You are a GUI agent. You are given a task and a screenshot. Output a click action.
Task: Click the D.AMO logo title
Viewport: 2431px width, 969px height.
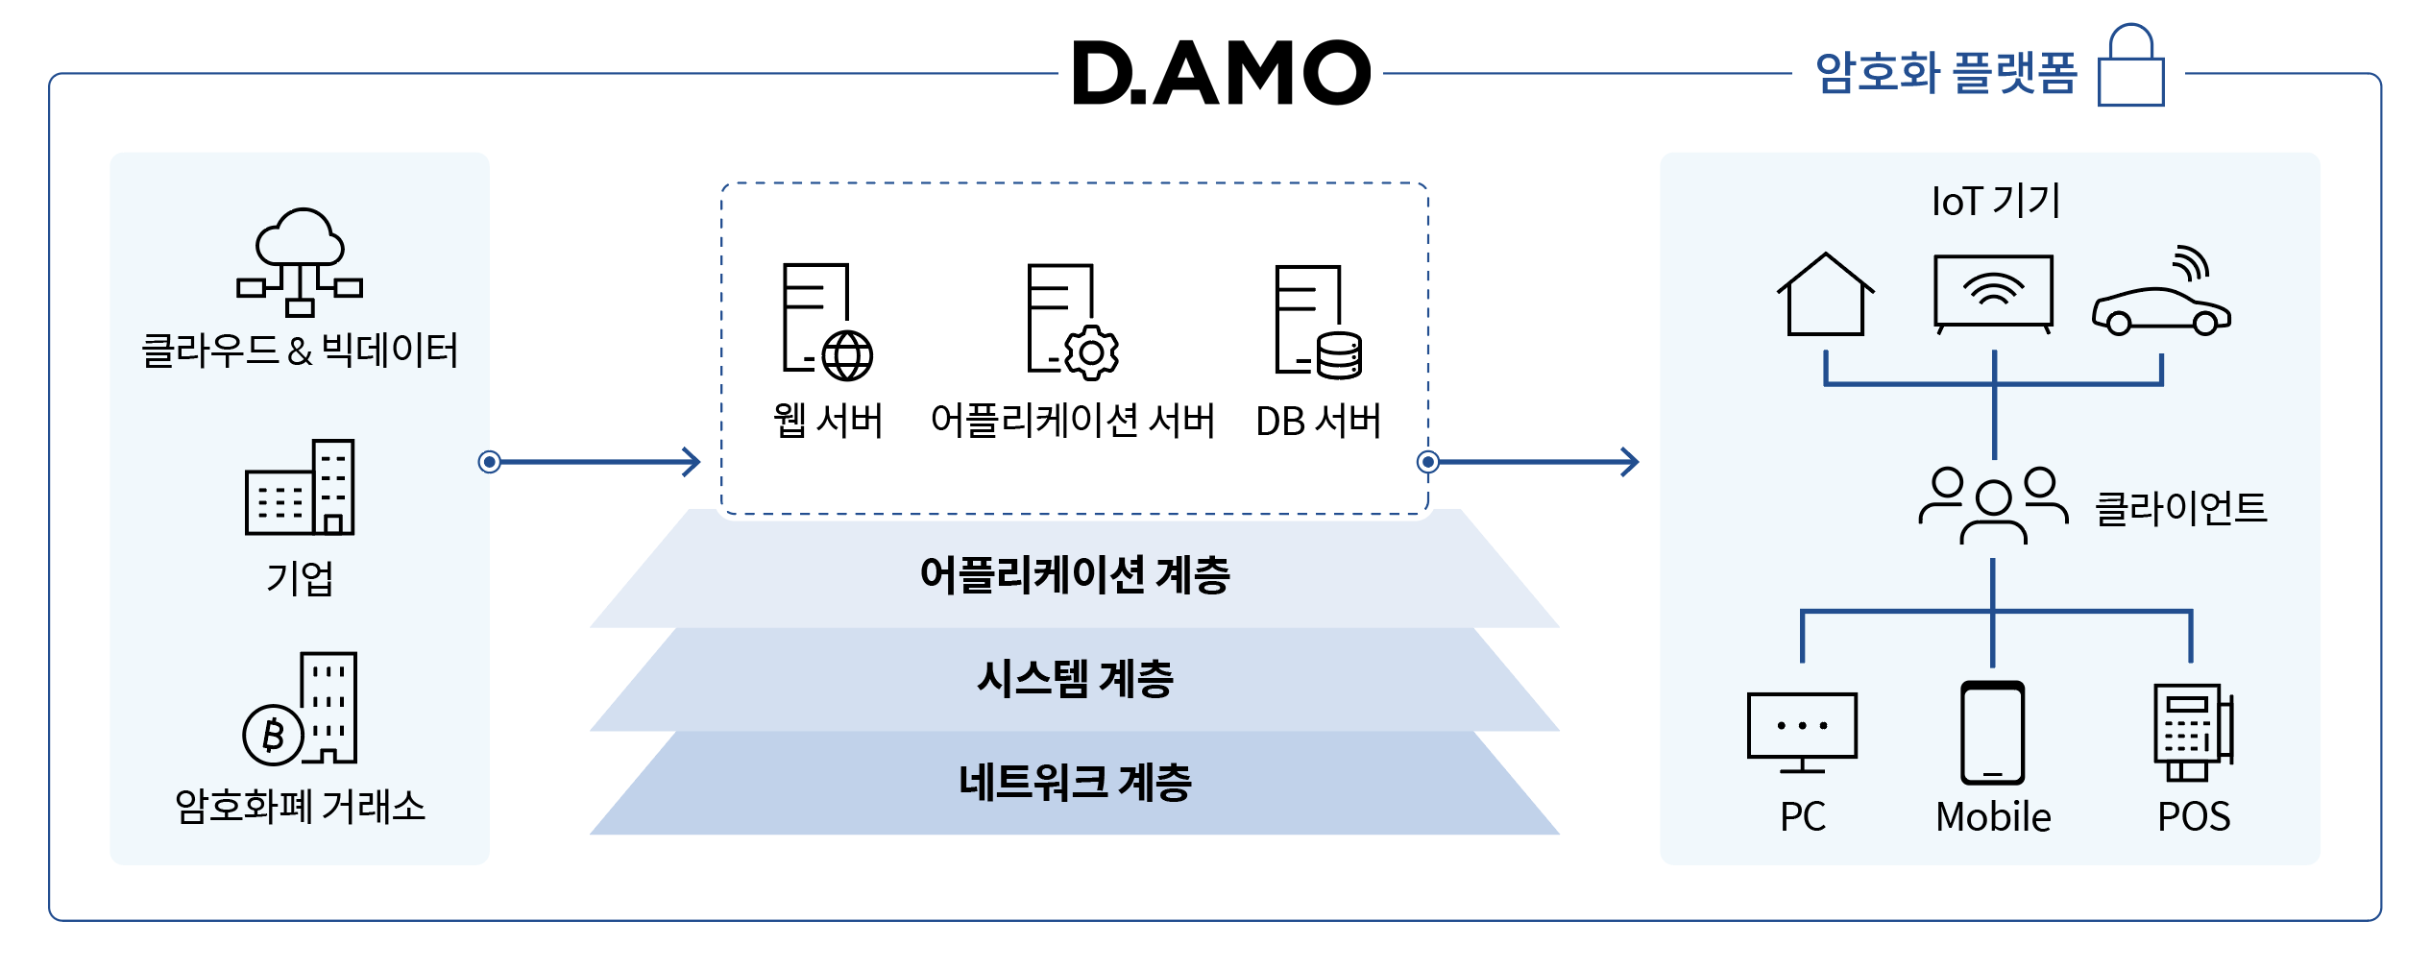click(1221, 73)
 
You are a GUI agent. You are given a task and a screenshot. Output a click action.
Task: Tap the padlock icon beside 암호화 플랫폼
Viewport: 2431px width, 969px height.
click(2130, 67)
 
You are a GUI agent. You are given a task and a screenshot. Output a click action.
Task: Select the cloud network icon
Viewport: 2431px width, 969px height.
click(300, 262)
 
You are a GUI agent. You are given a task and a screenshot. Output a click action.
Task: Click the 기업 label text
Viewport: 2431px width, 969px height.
click(300, 578)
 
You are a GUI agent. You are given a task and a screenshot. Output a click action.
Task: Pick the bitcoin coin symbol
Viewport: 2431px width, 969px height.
click(274, 735)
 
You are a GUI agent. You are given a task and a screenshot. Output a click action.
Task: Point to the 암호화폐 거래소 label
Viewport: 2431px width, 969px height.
click(300, 807)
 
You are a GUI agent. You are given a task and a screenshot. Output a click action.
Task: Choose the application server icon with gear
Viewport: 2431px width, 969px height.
click(1072, 322)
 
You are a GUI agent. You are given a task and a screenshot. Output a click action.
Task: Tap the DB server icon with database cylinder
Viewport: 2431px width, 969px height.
click(1318, 323)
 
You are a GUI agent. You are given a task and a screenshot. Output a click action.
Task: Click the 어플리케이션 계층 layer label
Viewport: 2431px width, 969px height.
click(1075, 574)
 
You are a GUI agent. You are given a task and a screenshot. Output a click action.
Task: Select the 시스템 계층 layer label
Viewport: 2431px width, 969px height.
click(1075, 679)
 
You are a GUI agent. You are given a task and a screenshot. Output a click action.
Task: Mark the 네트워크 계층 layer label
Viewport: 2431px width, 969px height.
click(1075, 782)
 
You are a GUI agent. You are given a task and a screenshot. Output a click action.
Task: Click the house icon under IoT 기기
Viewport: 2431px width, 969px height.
click(1825, 296)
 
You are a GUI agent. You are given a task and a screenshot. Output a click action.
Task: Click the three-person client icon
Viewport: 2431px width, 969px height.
click(1993, 505)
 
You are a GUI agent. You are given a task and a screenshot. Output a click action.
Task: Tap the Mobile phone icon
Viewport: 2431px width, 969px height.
click(1992, 733)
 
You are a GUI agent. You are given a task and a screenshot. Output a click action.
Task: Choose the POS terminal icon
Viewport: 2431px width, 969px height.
click(2192, 732)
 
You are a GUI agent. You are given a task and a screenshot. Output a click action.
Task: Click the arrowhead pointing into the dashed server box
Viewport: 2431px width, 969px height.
click(692, 462)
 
